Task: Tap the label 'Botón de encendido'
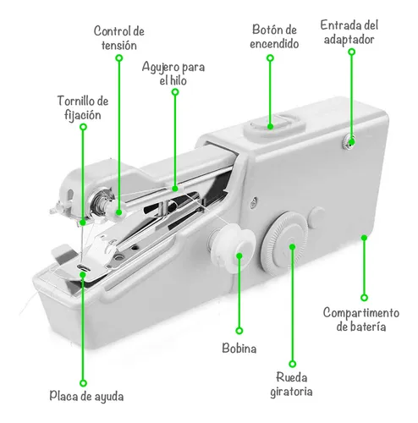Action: tap(275, 36)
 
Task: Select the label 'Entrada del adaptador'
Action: tap(348, 33)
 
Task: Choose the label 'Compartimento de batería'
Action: tap(366, 319)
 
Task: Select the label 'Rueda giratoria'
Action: tap(292, 384)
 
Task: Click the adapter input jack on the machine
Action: tap(347, 138)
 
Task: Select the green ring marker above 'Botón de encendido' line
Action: tap(270, 59)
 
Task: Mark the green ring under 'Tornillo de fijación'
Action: tap(83, 127)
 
